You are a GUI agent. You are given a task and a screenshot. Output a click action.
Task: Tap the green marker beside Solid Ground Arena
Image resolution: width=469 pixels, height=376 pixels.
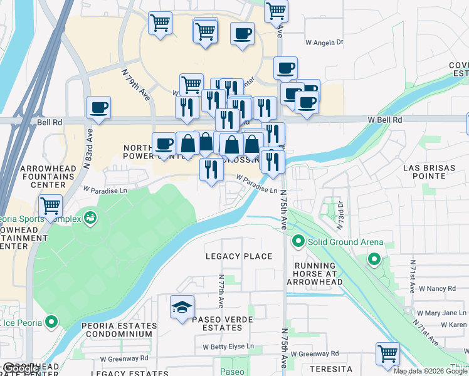click(x=298, y=241)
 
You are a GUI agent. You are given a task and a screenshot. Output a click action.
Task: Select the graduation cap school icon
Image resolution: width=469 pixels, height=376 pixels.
click(x=182, y=307)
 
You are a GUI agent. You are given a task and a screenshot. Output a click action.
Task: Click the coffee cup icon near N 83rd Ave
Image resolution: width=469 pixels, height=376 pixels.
click(x=99, y=108)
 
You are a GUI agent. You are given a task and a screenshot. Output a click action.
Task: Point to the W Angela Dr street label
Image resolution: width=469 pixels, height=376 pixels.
click(x=325, y=43)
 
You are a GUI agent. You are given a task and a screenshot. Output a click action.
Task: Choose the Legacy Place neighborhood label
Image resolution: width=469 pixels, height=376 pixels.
click(x=240, y=256)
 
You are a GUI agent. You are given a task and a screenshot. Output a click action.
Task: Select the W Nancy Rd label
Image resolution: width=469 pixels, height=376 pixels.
click(x=438, y=288)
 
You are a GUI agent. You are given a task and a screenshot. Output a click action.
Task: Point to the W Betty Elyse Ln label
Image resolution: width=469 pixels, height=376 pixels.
click(x=228, y=347)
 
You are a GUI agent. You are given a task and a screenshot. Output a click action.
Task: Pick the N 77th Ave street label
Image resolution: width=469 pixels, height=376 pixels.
click(x=221, y=290)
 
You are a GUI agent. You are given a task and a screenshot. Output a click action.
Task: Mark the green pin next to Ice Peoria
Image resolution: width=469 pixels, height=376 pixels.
click(x=51, y=323)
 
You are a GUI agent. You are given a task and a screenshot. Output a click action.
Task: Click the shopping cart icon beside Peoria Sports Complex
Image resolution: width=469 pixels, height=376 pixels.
click(x=50, y=205)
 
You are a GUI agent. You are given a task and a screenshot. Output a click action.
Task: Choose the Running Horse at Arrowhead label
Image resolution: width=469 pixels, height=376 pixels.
click(x=319, y=274)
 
